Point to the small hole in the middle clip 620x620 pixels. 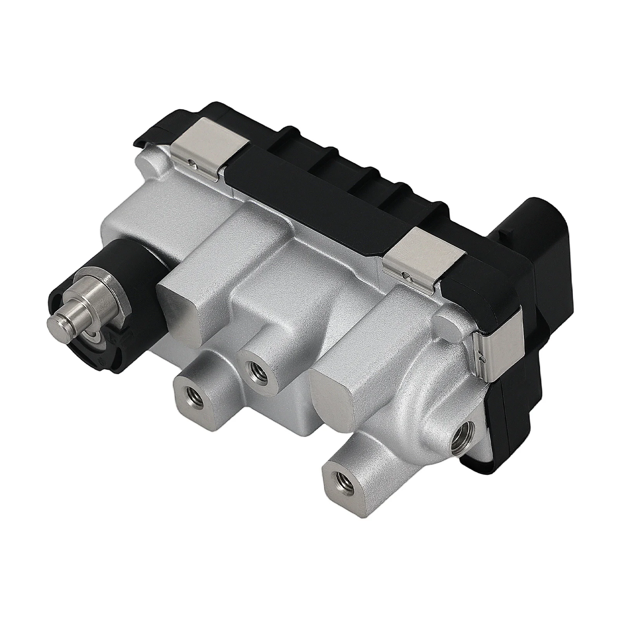point(406,276)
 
